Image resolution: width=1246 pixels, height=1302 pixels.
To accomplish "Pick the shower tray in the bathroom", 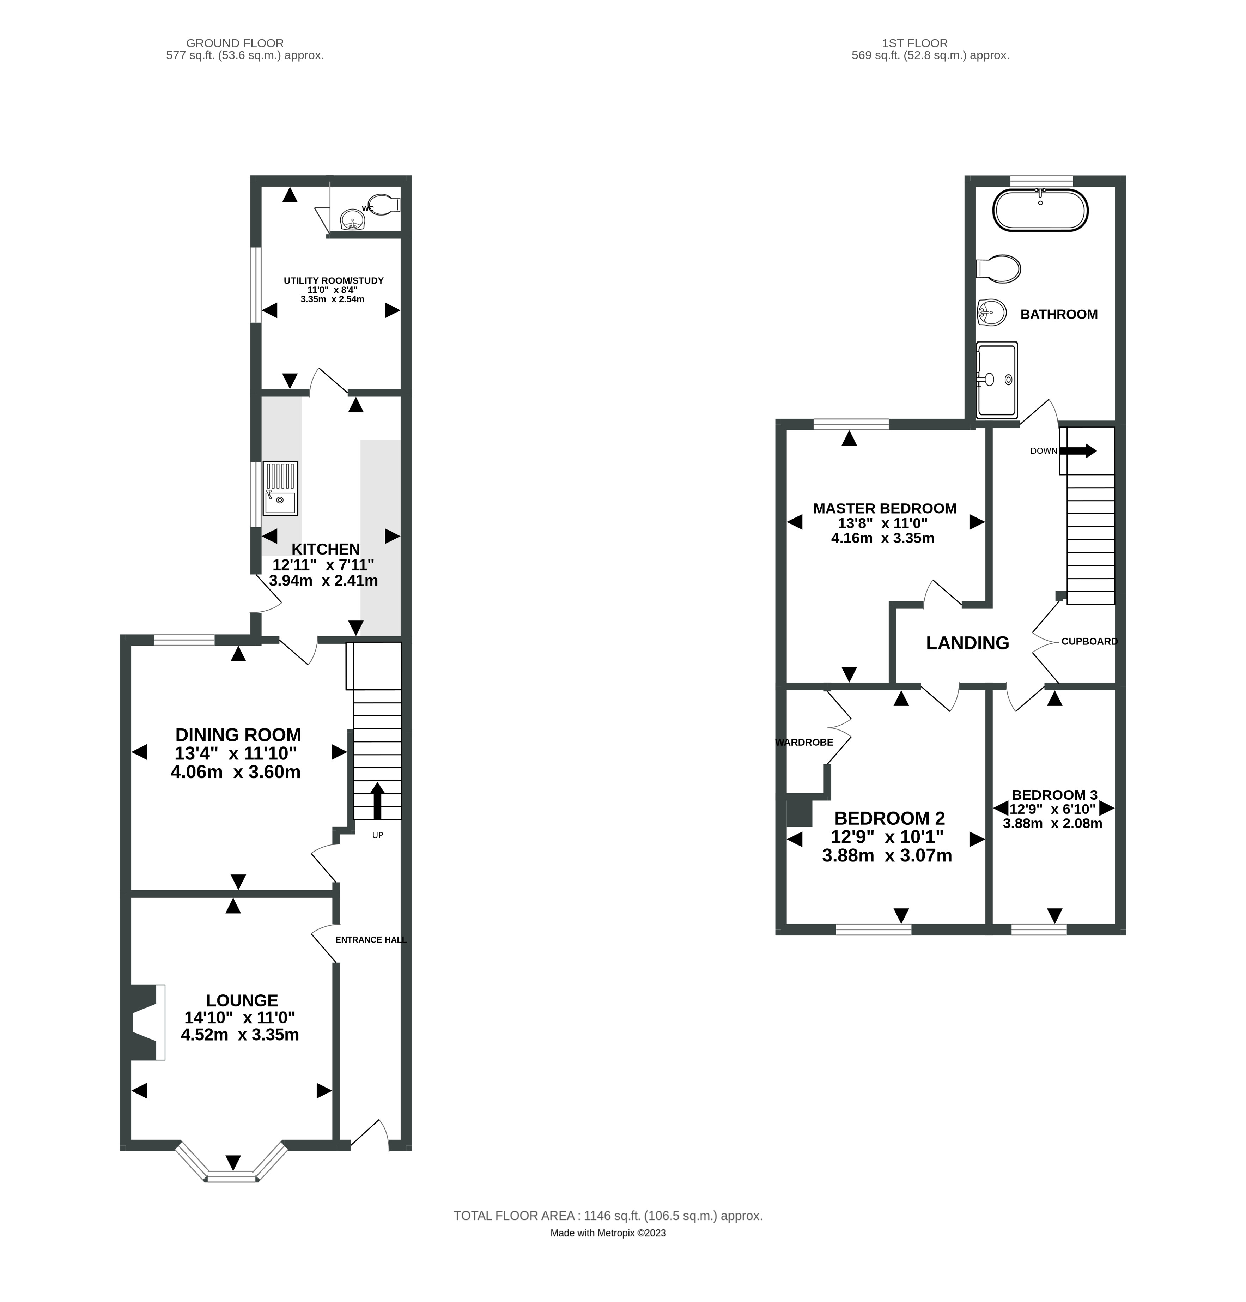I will tap(997, 379).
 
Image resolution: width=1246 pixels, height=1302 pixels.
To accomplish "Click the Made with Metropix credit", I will tap(608, 1233).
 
